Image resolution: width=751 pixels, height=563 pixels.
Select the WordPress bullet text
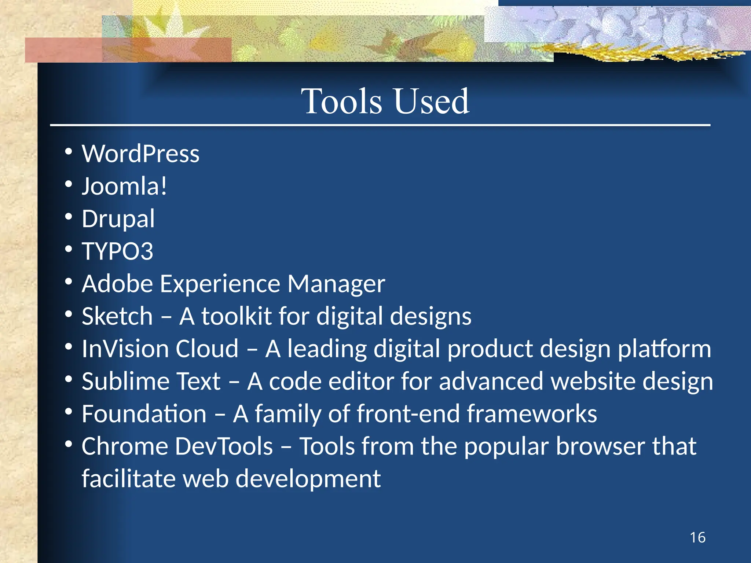140,154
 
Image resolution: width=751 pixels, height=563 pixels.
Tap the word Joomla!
124,186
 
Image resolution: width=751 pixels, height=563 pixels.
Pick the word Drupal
118,219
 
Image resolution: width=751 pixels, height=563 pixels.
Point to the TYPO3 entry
117,251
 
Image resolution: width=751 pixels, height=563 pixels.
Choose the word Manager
336,284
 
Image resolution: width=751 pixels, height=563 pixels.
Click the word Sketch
117,316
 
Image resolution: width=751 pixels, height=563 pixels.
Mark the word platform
664,349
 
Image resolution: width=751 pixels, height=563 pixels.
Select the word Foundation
144,414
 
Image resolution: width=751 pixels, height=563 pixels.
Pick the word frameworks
532,414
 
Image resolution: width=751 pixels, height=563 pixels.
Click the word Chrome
124,446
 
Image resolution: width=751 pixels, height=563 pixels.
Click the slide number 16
697,538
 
